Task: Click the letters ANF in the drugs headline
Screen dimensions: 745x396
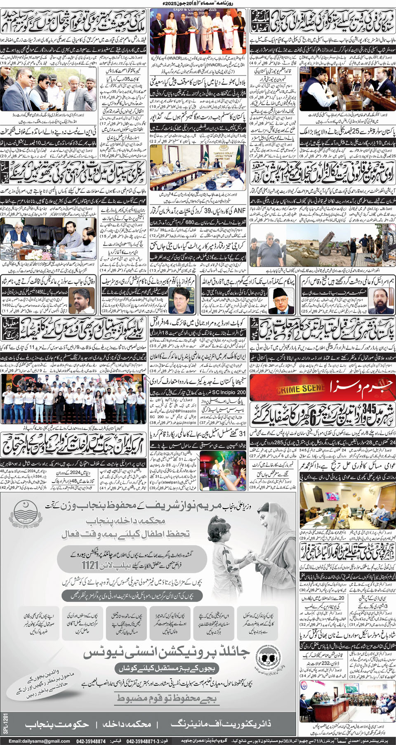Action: (x=240, y=211)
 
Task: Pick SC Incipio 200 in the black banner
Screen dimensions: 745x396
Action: (x=229, y=392)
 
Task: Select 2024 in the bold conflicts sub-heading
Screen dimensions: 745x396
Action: (x=75, y=473)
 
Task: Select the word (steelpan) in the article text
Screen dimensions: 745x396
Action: (x=170, y=481)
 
